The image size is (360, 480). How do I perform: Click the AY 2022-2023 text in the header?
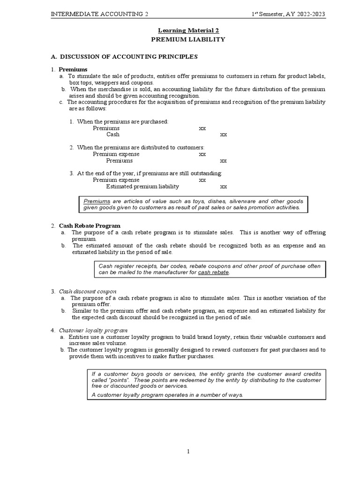pyautogui.click(x=305, y=14)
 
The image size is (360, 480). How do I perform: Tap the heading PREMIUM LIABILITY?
pyautogui.click(x=187, y=39)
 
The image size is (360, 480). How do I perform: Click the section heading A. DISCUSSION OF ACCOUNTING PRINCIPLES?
pyautogui.click(x=124, y=57)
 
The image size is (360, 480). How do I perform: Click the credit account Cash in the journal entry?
pyautogui.click(x=113, y=135)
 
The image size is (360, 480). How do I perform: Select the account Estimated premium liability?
pyautogui.click(x=142, y=187)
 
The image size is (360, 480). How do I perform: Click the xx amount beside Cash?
pyautogui.click(x=224, y=135)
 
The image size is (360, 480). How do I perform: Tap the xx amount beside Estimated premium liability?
pyautogui.click(x=224, y=187)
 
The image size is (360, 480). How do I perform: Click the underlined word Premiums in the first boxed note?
pyautogui.click(x=97, y=200)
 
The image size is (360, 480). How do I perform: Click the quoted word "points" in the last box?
pyautogui.click(x=117, y=380)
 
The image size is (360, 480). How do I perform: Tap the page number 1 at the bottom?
pyautogui.click(x=187, y=452)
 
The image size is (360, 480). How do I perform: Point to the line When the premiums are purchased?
pyautogui.click(x=122, y=122)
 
